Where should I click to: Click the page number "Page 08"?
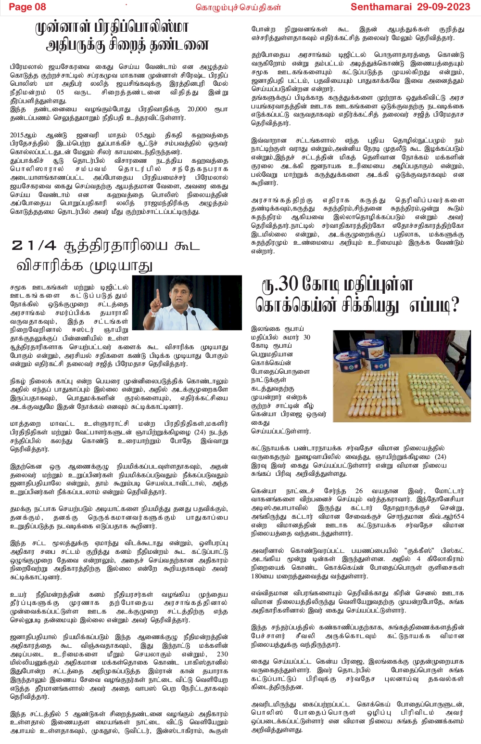pos(27,7)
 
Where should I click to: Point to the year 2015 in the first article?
pos(19,135)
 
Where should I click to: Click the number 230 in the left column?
pos(222,654)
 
